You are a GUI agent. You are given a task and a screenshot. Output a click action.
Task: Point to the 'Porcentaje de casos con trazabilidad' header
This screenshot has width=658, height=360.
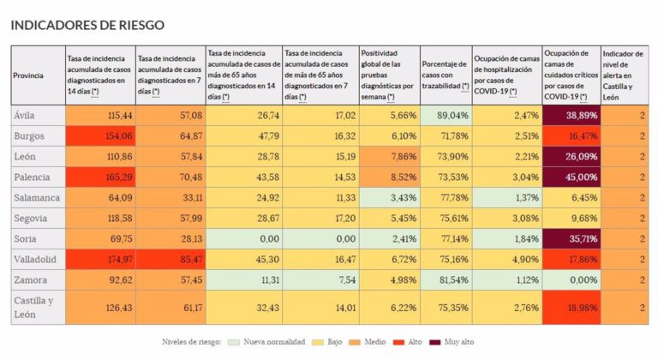tap(445, 75)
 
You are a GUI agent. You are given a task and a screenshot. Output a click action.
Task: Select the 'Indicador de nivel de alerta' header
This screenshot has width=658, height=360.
tap(625, 75)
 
